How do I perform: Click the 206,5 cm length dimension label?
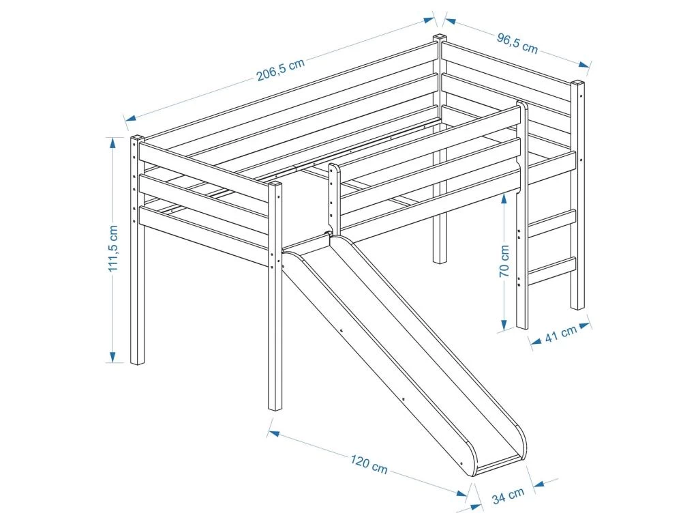[280, 70]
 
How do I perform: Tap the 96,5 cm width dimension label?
[517, 43]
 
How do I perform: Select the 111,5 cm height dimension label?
[113, 248]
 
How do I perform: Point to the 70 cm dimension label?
[504, 261]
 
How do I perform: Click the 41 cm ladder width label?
[561, 334]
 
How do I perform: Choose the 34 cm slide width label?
[508, 495]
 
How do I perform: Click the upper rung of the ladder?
[551, 223]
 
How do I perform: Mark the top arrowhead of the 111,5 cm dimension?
[113, 143]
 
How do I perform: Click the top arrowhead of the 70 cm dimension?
[504, 199]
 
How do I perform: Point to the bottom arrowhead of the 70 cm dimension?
[504, 324]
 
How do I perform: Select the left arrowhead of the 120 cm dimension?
[273, 433]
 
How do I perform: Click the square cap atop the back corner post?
[440, 38]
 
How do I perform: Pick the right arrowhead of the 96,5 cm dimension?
[585, 65]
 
